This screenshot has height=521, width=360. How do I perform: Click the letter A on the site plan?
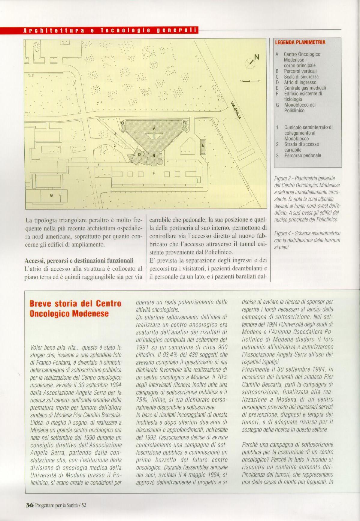tap(154, 128)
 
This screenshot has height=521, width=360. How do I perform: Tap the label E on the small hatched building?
tap(203, 145)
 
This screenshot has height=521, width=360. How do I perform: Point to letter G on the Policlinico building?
tap(51, 195)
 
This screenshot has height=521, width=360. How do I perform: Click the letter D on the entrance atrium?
tap(139, 155)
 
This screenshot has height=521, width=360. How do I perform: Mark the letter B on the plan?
tap(154, 155)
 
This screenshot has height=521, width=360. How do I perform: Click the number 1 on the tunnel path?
tap(98, 164)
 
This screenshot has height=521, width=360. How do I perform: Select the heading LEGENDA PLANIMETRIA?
tap(300, 42)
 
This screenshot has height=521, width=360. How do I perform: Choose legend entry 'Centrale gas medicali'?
tap(305, 88)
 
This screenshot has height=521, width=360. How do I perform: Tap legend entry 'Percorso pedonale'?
tap(302, 155)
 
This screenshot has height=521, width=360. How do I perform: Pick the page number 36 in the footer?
tap(29, 505)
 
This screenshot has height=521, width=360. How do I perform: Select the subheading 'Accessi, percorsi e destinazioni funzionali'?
tap(79, 260)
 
